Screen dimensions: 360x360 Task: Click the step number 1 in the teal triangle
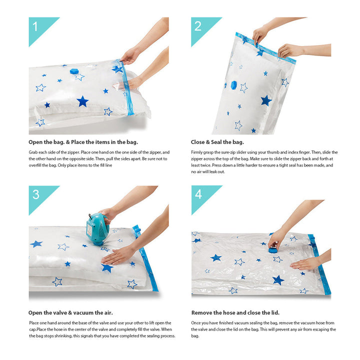[x=35, y=26]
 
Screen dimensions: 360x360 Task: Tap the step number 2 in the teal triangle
[x=198, y=26]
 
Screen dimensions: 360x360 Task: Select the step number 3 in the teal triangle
[x=36, y=194]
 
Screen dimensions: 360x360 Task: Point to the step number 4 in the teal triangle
[x=198, y=194]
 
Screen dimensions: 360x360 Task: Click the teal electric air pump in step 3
[x=97, y=228]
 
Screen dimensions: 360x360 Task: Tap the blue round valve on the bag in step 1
[x=74, y=71]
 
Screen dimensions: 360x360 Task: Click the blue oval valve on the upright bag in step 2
[x=233, y=85]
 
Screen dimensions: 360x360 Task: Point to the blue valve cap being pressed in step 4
[x=273, y=249]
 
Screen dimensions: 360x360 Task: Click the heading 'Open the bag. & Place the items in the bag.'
[x=83, y=142]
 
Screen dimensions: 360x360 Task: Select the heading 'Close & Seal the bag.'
[x=217, y=142]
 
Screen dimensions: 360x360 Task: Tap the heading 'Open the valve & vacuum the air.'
[x=70, y=312]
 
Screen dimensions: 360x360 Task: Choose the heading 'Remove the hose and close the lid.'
[x=235, y=312]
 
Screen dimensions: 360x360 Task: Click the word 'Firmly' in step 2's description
[x=196, y=152]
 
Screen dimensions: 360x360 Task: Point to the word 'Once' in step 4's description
[x=196, y=323]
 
